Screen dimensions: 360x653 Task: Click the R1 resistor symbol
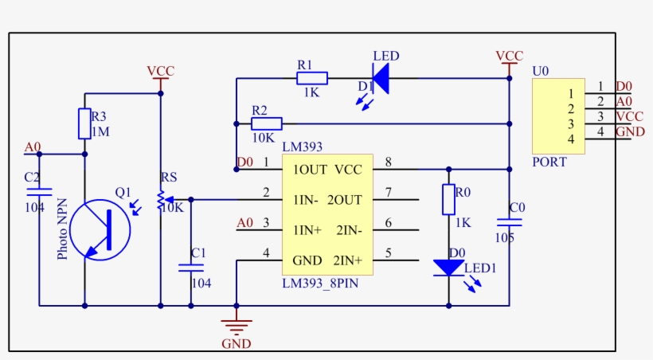312,78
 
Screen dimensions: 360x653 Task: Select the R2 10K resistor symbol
267,123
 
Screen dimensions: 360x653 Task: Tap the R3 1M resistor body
84,123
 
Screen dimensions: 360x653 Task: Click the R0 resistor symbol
448,199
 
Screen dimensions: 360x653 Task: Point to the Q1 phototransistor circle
100,230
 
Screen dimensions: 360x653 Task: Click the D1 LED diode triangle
380,78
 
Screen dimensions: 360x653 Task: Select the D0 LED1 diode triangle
449,268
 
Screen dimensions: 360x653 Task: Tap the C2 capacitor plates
38,192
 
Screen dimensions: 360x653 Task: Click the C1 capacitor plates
190,268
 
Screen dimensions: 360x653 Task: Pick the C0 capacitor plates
509,222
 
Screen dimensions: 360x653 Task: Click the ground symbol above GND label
236,326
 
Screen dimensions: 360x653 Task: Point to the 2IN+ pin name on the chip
346,260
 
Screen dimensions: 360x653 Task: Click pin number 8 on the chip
389,163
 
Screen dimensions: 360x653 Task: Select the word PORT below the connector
549,162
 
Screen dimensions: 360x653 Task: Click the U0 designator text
541,71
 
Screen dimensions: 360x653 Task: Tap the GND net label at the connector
629,131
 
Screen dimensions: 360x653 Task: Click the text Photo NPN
63,229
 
